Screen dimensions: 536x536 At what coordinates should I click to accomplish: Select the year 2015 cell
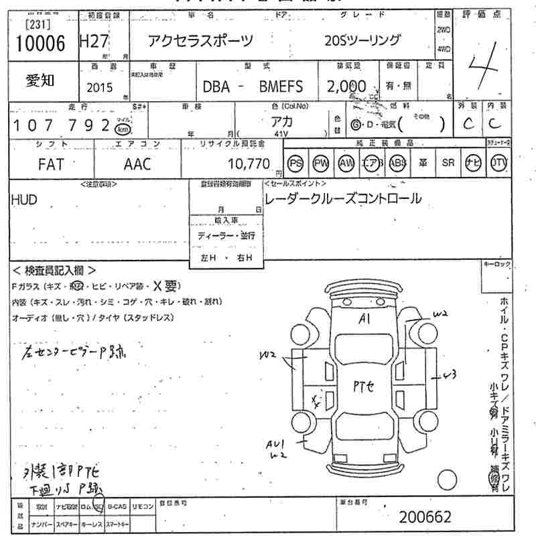[x=100, y=87]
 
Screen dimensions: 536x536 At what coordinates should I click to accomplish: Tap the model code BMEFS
[x=281, y=86]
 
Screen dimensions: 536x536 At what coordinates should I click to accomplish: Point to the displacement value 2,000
[x=346, y=86]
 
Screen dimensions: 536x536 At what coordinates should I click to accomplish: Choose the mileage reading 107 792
[x=61, y=125]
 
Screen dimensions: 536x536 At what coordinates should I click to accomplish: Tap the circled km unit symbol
[x=123, y=129]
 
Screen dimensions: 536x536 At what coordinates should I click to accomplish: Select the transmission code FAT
[x=51, y=164]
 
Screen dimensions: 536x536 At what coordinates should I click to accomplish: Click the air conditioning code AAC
[x=137, y=164]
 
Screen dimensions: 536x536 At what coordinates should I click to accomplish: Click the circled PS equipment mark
[x=295, y=164]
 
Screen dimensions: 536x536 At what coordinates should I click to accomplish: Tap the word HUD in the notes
[x=24, y=200]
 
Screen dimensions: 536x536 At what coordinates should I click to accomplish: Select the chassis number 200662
[x=425, y=517]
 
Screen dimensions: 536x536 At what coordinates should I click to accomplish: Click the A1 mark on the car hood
[x=364, y=318]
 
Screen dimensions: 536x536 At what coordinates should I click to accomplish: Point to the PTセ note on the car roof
[x=366, y=385]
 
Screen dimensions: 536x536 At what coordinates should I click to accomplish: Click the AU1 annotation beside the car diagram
[x=275, y=444]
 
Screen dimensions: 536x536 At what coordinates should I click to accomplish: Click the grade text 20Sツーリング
[x=362, y=41]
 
